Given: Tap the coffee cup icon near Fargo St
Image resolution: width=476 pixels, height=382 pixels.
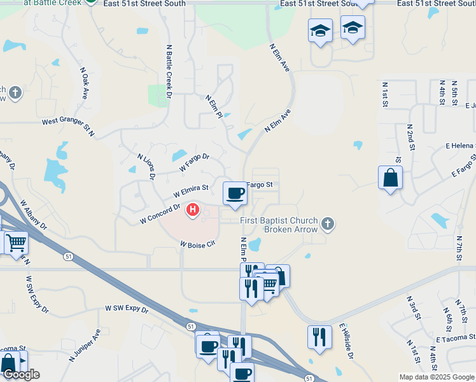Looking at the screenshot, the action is coord(235,193).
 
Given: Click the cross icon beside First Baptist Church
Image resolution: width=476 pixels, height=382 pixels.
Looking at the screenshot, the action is coord(328,223).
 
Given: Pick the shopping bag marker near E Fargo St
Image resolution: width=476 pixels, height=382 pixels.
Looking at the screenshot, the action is coord(390,178).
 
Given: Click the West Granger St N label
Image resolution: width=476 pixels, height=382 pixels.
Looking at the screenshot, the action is coord(68,125).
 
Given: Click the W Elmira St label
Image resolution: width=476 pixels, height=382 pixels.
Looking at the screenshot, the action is coord(191,190).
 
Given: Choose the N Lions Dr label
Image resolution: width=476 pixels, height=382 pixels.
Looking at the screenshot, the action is coord(146,166).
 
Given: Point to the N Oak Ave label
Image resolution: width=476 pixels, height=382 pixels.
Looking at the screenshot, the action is coord(84,83).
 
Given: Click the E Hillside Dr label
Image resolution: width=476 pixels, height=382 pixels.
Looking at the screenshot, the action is coord(346,341).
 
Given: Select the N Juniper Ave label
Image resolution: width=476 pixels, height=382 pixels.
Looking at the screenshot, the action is coord(85,344).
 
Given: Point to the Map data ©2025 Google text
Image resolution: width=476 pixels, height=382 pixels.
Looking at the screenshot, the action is coord(436,377).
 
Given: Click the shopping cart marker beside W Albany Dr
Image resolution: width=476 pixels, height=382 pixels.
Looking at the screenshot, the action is coord(16,243).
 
